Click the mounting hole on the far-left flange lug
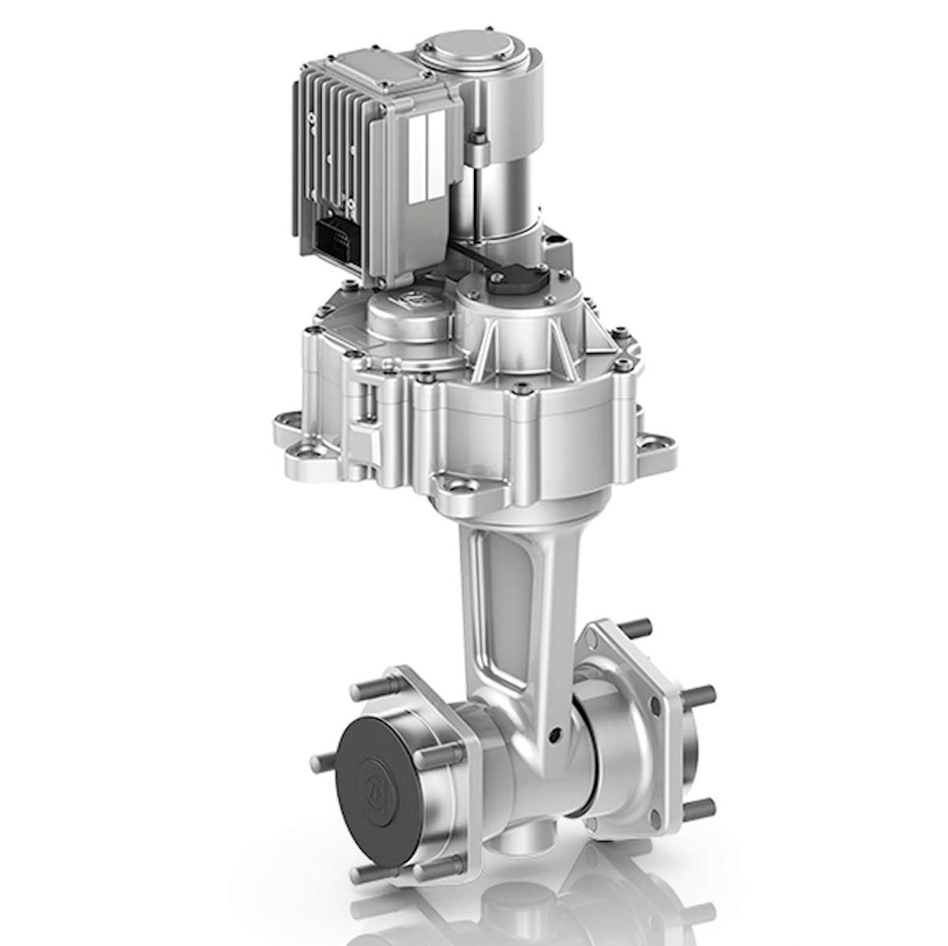[303, 452]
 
